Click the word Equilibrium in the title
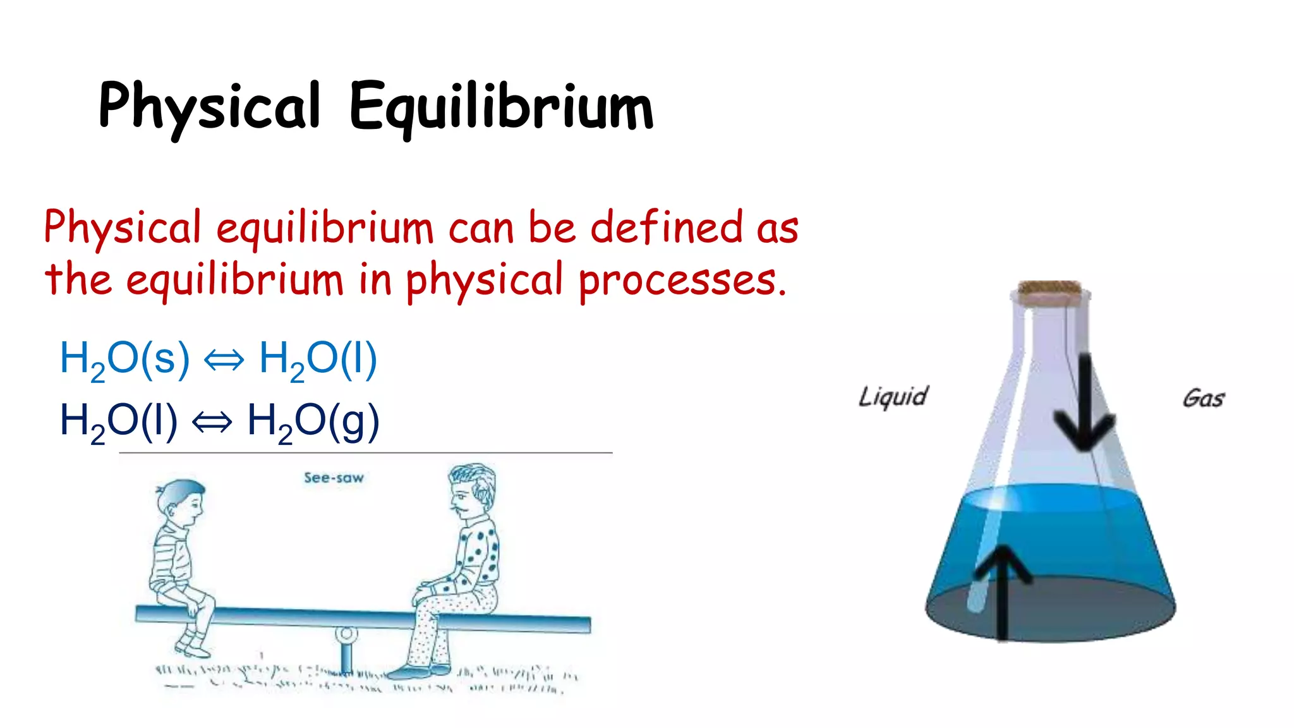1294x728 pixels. pos(501,107)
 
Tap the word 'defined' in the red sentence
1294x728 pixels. pos(666,227)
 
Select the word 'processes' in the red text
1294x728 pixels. pos(677,279)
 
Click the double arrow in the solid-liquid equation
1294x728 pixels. pos(224,360)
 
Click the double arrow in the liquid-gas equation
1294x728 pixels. pos(212,422)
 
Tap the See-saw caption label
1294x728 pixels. pos(334,478)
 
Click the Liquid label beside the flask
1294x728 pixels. pos(893,397)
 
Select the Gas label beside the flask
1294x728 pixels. pos(1203,399)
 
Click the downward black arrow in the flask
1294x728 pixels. pos(1084,404)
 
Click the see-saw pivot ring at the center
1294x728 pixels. pos(346,633)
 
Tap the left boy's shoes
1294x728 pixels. pos(193,646)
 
